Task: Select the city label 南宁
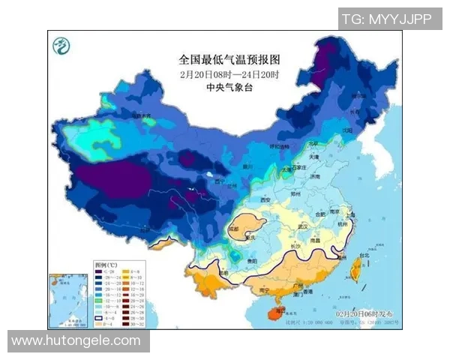(x=262, y=289)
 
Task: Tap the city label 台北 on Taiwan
(x=365, y=255)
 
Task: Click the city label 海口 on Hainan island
(x=278, y=309)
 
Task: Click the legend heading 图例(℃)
(x=104, y=265)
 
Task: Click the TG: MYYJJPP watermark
(x=385, y=19)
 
